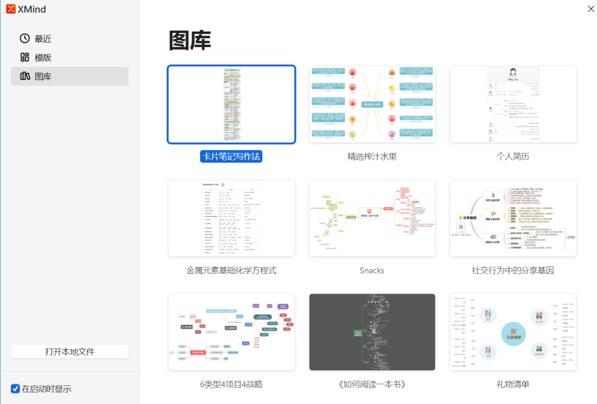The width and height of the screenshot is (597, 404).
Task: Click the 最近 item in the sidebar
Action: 43,39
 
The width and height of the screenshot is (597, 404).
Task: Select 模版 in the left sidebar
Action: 43,57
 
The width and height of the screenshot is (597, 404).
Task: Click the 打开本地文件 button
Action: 70,351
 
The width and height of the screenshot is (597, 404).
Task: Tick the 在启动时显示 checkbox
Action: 15,389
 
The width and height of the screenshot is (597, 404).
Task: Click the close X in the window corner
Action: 590,8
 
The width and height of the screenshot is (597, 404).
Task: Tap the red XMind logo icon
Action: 11,9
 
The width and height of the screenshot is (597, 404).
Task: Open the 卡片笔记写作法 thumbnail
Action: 232,104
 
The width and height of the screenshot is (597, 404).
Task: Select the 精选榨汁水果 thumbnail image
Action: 372,104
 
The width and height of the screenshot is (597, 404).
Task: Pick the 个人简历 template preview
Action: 513,104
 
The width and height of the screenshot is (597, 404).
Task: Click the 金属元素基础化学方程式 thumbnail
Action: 232,218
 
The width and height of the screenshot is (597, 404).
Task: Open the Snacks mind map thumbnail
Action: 372,218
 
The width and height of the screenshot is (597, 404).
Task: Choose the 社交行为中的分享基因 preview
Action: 513,218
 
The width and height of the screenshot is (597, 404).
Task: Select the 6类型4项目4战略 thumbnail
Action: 232,332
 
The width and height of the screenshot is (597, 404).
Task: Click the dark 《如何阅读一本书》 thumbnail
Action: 372,332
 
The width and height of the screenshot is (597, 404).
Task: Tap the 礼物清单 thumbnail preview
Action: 513,332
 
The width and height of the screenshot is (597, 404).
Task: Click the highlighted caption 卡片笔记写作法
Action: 231,156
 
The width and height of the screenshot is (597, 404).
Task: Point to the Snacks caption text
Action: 372,270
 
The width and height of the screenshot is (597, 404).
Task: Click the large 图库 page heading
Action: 190,41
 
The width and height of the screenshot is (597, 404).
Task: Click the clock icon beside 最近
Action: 25,38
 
